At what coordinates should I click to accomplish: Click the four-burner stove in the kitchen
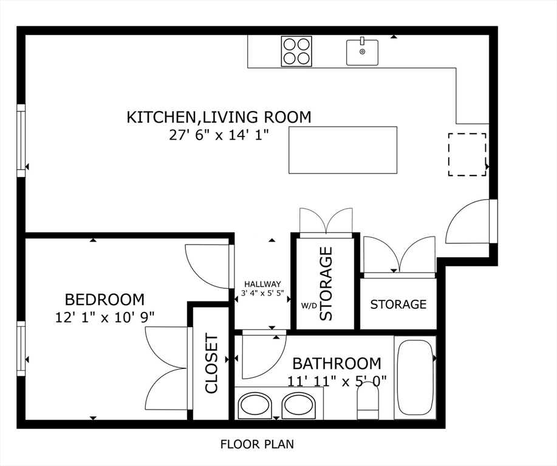tap(296, 51)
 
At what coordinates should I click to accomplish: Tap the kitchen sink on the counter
tap(362, 52)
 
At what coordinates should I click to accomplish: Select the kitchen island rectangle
tap(343, 150)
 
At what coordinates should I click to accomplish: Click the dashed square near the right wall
tap(466, 155)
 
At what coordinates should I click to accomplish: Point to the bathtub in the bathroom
tap(415, 377)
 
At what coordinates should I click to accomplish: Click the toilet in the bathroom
tap(367, 401)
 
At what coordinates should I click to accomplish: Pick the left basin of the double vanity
tap(255, 405)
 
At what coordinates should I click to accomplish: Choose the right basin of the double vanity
tap(299, 405)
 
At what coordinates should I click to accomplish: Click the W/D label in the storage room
tap(309, 305)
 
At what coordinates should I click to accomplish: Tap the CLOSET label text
tap(211, 363)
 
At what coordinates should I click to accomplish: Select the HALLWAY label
tap(262, 284)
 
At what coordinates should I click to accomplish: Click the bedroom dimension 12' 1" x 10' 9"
tap(104, 316)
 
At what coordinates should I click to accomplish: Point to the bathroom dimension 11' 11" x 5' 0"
tap(337, 381)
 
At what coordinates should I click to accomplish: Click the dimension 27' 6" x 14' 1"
tap(219, 134)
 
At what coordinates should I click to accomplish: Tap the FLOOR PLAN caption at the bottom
tap(257, 444)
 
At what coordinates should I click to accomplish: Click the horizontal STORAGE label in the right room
tap(398, 304)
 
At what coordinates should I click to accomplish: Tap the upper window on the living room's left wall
tap(21, 140)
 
